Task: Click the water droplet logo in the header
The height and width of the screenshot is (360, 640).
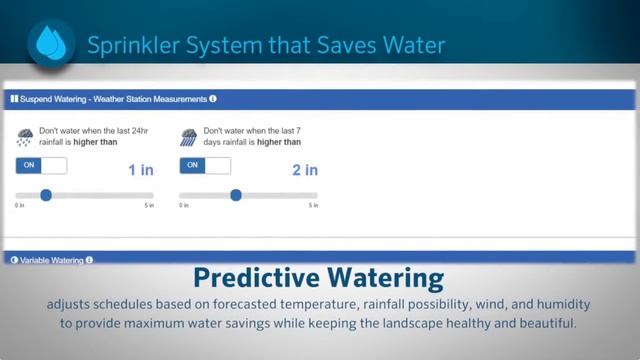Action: point(48,42)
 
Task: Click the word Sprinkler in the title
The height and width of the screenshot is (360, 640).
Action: point(126,45)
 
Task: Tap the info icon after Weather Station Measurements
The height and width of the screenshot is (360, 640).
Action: point(213,99)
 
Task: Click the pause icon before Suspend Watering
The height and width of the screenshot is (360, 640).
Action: point(13,99)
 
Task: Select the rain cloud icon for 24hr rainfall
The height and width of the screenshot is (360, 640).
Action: point(24,137)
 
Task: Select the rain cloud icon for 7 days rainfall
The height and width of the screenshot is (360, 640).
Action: point(188,137)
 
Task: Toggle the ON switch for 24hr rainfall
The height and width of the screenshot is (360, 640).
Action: point(41,165)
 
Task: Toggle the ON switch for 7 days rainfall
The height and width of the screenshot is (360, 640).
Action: point(204,165)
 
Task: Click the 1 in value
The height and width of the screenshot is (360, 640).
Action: point(140,170)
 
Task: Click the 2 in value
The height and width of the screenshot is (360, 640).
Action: point(304,170)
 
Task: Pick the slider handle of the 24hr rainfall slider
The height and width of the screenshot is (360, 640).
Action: point(46,195)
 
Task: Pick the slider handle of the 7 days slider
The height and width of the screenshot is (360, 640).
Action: point(236,195)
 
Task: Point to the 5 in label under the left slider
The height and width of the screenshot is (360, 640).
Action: point(149,206)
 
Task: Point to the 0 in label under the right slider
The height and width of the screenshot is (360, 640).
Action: point(184,206)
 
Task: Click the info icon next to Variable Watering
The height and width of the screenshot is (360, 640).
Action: point(89,260)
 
